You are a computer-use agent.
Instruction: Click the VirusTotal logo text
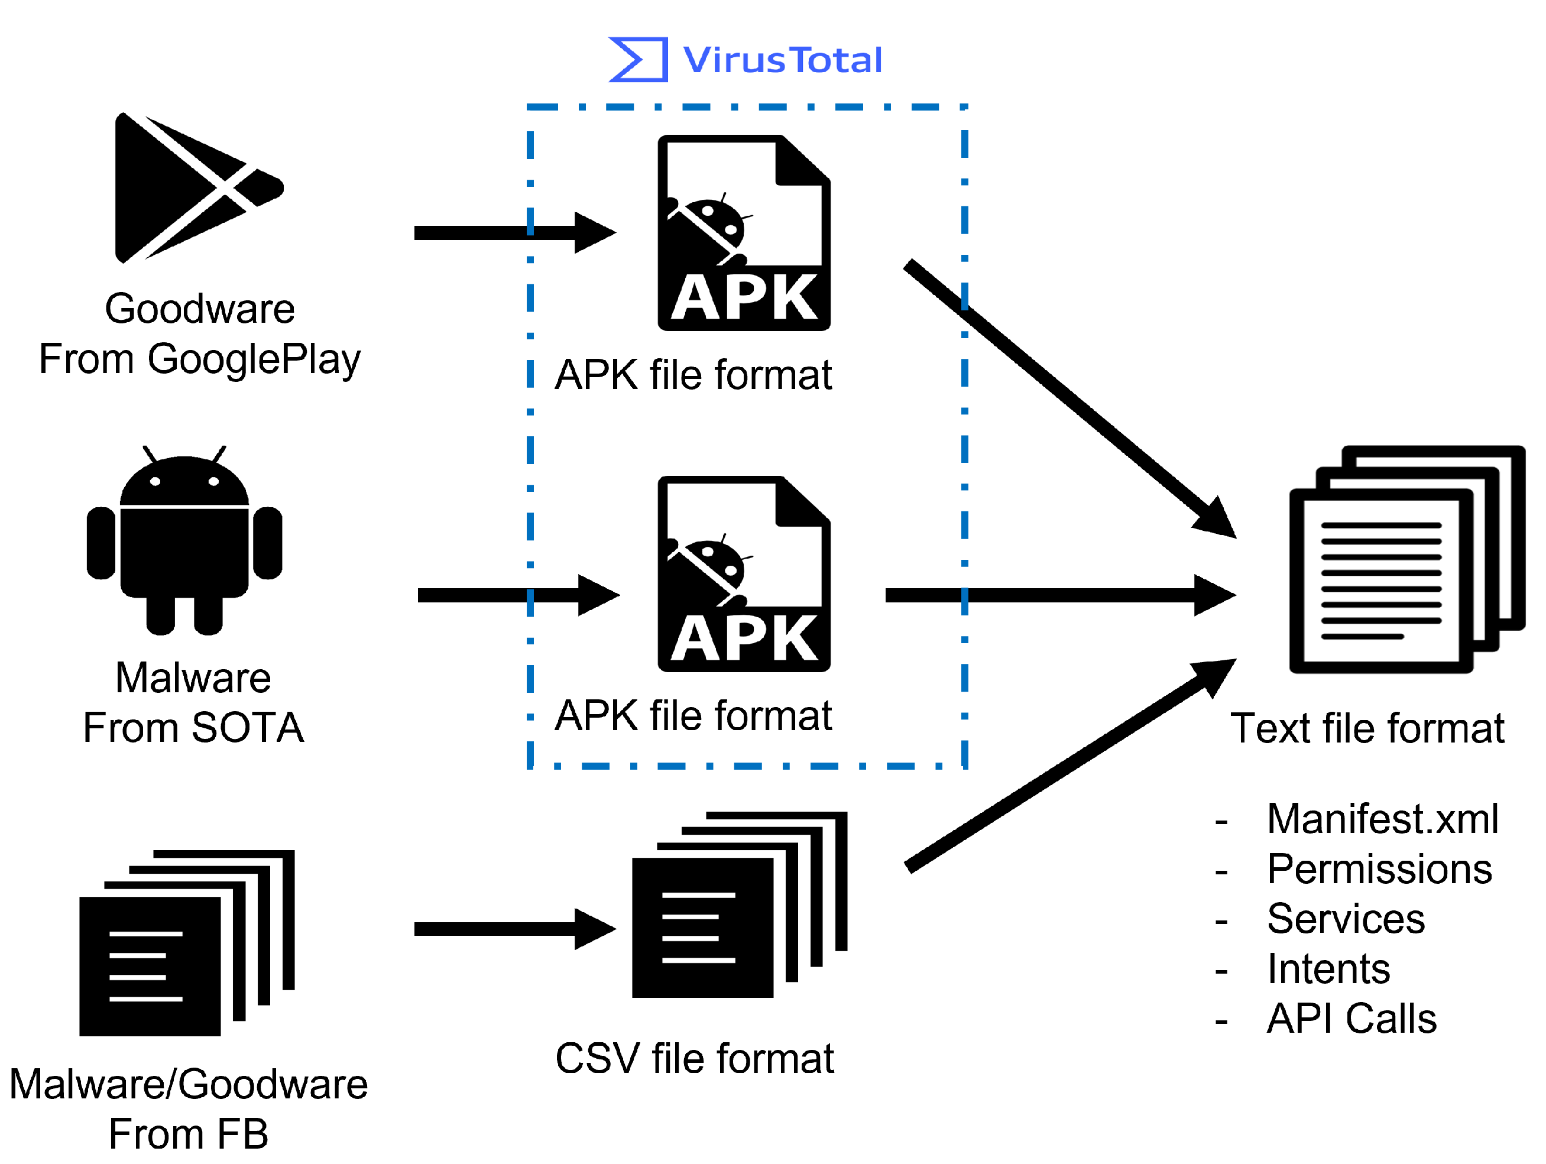[782, 60]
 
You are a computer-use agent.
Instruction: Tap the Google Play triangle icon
[199, 187]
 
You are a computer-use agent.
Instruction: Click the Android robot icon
[184, 540]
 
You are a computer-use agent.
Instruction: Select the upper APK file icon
[744, 233]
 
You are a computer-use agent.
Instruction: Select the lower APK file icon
[744, 573]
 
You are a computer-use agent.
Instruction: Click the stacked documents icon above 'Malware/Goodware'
[187, 942]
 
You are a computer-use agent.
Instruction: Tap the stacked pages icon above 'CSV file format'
[740, 904]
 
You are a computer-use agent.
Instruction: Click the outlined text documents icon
[1407, 559]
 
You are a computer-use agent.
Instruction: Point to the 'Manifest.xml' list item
[1382, 818]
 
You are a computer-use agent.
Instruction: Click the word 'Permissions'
[1380, 868]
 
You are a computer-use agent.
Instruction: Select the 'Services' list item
[1346, 918]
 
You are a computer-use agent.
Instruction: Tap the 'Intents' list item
[1328, 968]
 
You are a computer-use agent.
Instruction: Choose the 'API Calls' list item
[1351, 1018]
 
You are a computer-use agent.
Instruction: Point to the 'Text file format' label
[1367, 728]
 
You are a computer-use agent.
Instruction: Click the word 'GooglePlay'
[254, 360]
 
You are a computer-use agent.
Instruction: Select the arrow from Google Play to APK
[515, 233]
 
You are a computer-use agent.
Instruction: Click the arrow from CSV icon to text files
[1071, 765]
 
